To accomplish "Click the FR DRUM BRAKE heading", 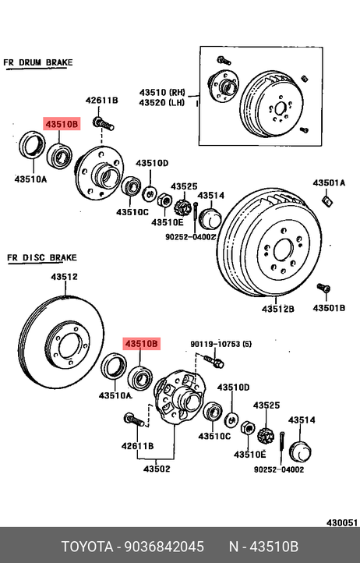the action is tap(38, 62).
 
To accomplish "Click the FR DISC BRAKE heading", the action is tap(42, 258).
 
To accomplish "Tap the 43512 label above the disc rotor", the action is tap(64, 277).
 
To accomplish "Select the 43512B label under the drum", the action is tap(277, 309).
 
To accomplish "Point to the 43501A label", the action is tap(329, 182).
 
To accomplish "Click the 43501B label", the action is tap(329, 308).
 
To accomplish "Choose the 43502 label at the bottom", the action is tap(157, 469).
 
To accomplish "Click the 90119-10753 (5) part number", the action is tap(221, 344).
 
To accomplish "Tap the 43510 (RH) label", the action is tap(162, 92).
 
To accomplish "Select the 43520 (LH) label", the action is tap(162, 103).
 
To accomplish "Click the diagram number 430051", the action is tap(342, 522).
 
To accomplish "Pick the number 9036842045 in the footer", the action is tap(164, 547).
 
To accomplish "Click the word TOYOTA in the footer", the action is tap(87, 547).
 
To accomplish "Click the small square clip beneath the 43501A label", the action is tap(327, 201).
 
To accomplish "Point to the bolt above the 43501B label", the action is tap(323, 288).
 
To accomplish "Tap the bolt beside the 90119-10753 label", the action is tap(214, 361).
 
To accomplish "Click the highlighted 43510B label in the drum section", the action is tap(62, 124).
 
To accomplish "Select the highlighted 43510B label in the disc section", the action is tap(141, 344).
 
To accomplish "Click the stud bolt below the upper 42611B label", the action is tap(103, 124).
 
